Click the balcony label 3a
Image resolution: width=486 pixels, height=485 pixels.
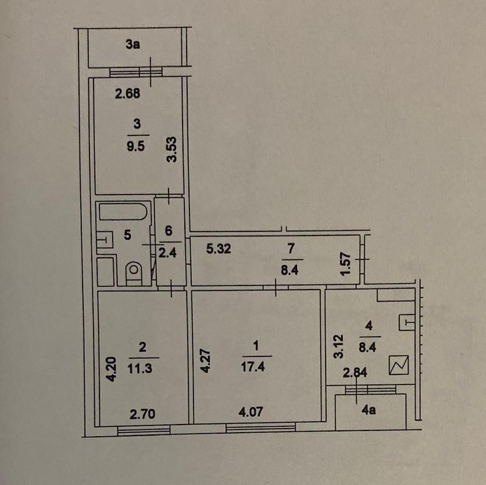[x=133, y=44]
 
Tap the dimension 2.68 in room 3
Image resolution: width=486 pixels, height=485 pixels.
[x=127, y=94]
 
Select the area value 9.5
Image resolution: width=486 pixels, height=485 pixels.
[x=136, y=146]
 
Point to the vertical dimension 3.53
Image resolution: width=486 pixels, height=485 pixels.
[x=171, y=149]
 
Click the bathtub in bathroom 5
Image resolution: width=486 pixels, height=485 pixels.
[x=123, y=212]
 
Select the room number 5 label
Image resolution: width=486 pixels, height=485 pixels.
[x=127, y=235]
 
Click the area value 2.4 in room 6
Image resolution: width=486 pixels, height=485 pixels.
[x=167, y=253]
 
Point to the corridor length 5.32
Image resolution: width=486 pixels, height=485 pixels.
[x=219, y=249]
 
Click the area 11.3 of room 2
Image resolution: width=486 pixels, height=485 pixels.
[x=140, y=368]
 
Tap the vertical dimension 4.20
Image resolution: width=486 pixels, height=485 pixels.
[x=111, y=369]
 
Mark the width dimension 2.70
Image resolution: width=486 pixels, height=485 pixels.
[x=142, y=414]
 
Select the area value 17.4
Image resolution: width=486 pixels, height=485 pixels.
[x=253, y=367]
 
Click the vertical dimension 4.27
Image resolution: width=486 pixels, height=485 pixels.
[x=205, y=361]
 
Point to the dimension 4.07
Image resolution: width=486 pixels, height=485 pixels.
[x=251, y=412]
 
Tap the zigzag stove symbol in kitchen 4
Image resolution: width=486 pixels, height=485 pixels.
[x=399, y=365]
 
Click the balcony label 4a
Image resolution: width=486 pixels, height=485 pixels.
[x=369, y=410]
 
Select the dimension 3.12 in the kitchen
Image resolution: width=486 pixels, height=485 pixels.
[x=338, y=347]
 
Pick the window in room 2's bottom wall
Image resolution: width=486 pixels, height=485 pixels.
[x=144, y=430]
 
